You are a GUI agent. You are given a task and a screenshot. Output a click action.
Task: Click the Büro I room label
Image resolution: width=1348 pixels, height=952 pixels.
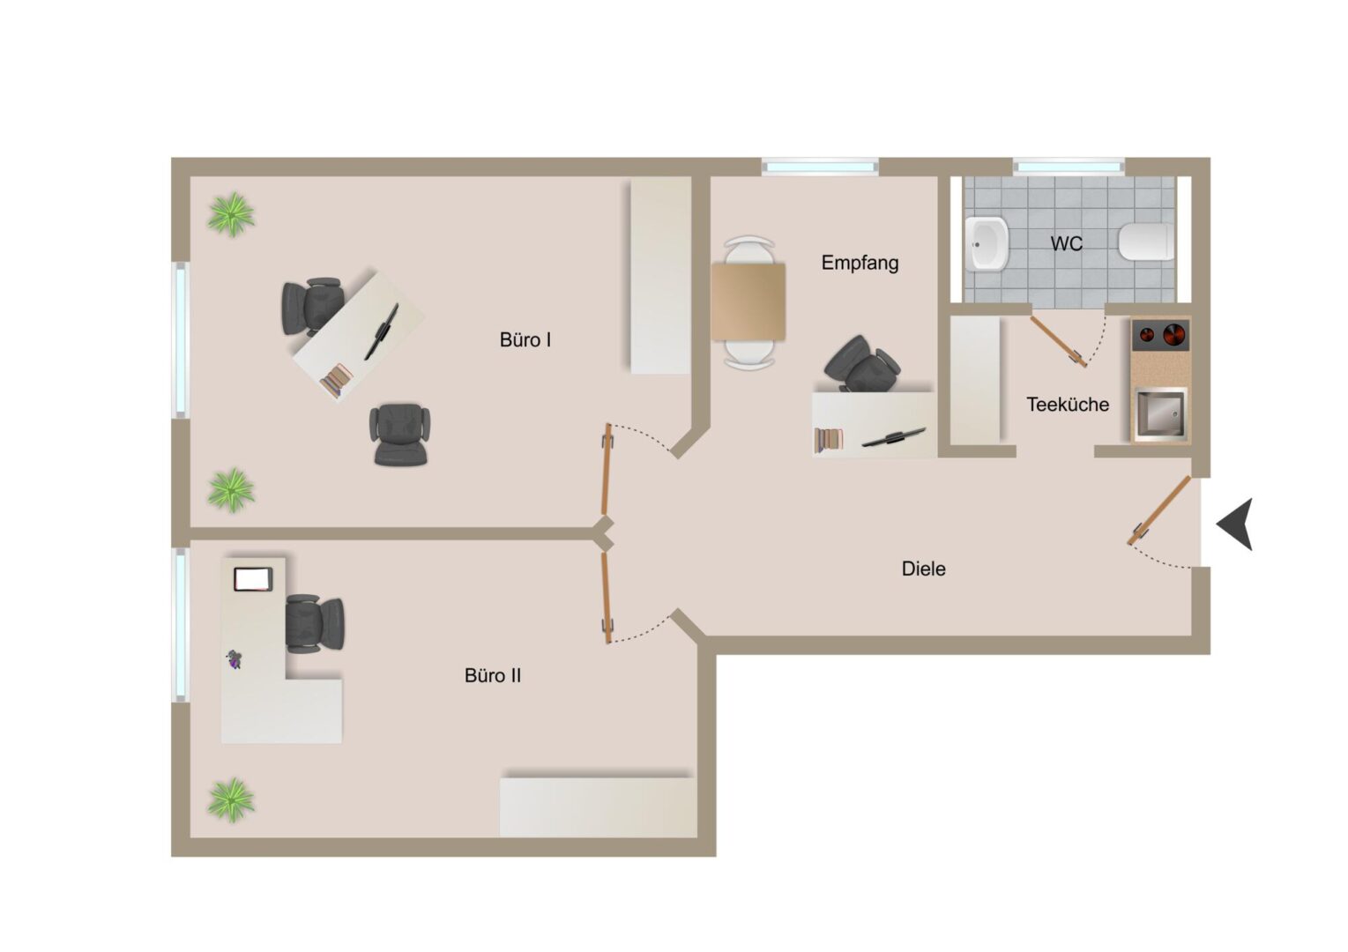(x=525, y=340)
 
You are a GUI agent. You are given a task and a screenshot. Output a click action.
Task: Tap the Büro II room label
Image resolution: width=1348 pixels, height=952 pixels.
(x=492, y=675)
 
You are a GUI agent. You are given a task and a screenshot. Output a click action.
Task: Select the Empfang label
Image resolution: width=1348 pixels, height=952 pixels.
(x=860, y=263)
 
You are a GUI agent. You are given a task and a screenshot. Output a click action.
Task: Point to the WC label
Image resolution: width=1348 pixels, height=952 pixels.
(x=1067, y=243)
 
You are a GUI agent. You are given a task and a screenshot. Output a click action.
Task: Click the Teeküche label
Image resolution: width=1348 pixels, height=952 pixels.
(x=1068, y=405)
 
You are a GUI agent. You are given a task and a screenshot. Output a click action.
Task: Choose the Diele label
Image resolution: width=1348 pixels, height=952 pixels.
(x=923, y=569)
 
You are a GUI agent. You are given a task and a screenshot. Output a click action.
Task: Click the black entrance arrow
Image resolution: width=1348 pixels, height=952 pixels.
(x=1236, y=524)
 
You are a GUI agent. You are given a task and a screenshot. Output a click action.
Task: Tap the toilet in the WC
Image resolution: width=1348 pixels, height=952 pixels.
(x=1146, y=242)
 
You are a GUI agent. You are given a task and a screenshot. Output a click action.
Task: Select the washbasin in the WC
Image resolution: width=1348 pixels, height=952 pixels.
(x=987, y=243)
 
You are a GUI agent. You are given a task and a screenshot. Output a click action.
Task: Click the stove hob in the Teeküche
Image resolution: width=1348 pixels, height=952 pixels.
(x=1161, y=335)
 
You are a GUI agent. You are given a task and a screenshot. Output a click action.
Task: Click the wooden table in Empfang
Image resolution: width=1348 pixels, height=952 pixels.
(x=748, y=302)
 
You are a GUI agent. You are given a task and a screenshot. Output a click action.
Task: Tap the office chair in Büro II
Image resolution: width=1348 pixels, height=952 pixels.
(x=314, y=623)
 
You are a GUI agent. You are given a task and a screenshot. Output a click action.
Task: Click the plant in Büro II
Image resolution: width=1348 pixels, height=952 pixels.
(x=231, y=800)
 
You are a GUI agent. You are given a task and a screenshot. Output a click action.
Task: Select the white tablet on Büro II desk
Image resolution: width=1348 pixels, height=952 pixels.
(x=253, y=579)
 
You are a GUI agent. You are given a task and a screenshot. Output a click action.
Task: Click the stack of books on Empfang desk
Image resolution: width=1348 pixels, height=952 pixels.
(x=829, y=440)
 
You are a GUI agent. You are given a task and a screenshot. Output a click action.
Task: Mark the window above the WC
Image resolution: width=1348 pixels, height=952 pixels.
(x=1069, y=167)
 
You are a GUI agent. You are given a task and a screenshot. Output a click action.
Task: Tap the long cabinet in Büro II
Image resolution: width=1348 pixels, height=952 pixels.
(x=598, y=807)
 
